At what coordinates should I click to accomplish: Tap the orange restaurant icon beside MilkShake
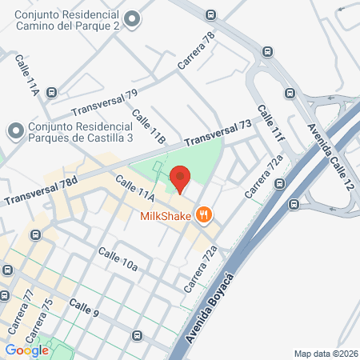pyautogui.click(x=206, y=214)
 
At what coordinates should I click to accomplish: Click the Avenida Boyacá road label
pyautogui.click(x=211, y=308)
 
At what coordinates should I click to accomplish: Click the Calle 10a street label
pyautogui.click(x=118, y=258)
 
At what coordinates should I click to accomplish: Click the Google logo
pyautogui.click(x=26, y=350)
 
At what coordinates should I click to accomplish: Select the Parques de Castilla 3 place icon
pyautogui.click(x=14, y=129)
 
